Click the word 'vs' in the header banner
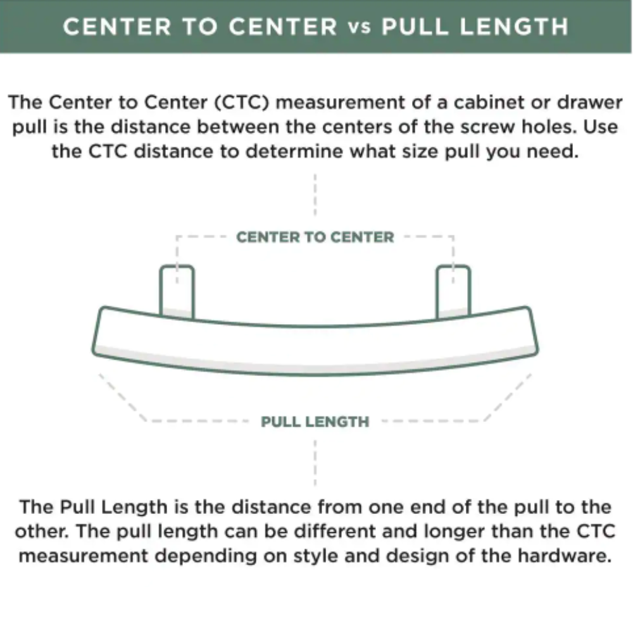[360, 28]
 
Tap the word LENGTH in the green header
[514, 27]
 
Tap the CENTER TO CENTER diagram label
[315, 237]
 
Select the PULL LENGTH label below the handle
[315, 422]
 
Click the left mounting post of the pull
[177, 291]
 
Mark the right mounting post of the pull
[453, 291]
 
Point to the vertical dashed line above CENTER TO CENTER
[315, 195]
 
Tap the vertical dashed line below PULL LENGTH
[315, 463]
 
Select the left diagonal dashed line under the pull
[122, 398]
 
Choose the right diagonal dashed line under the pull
[508, 398]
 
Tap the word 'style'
[316, 556]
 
